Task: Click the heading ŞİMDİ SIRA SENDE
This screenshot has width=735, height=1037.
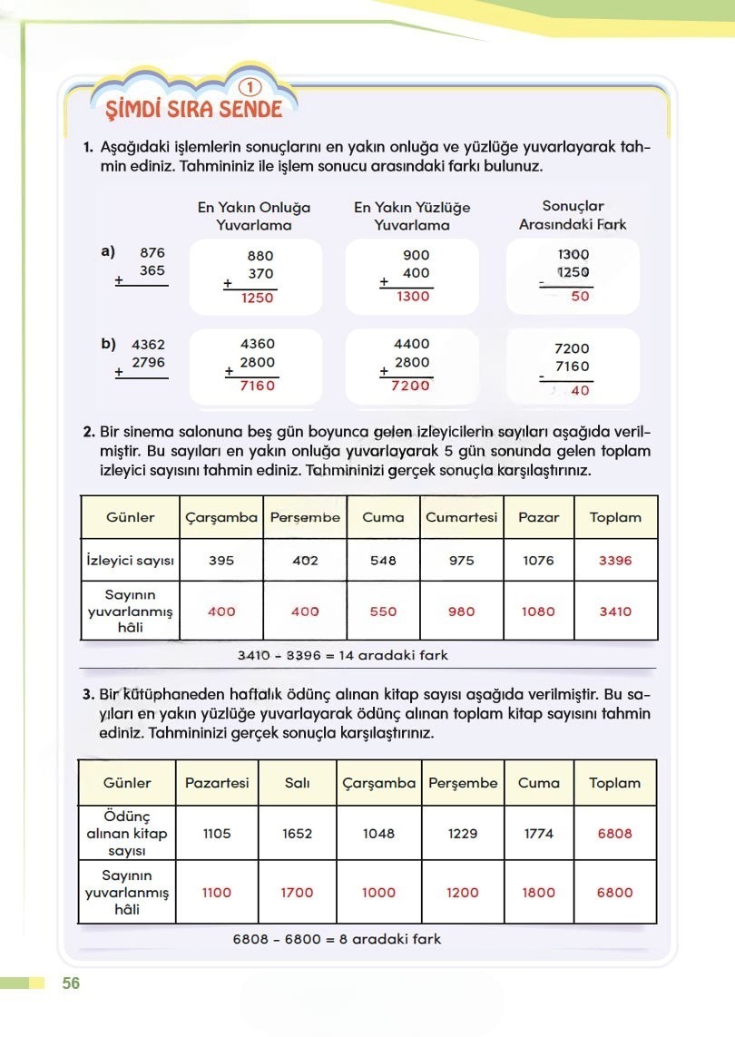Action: click(194, 110)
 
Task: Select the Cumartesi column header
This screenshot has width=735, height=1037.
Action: click(462, 517)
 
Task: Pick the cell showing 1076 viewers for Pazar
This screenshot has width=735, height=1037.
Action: click(538, 561)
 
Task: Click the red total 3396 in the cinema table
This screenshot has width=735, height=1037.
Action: click(615, 561)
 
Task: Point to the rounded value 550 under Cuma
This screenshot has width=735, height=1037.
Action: click(383, 611)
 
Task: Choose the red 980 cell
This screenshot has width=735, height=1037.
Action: click(462, 611)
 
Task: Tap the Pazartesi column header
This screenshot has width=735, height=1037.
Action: click(217, 783)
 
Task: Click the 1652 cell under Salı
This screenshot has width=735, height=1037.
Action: click(298, 834)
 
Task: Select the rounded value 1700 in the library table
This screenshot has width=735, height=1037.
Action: click(298, 893)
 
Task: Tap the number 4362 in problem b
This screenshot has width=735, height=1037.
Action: click(150, 345)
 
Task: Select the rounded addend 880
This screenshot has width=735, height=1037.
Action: click(260, 257)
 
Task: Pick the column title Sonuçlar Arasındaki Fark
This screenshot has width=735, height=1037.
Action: click(573, 215)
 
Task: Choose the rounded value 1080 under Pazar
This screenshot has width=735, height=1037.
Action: click(538, 611)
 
